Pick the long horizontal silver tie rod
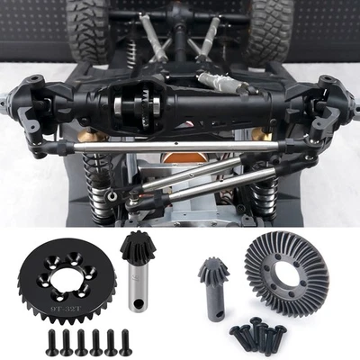click(x=180, y=146)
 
